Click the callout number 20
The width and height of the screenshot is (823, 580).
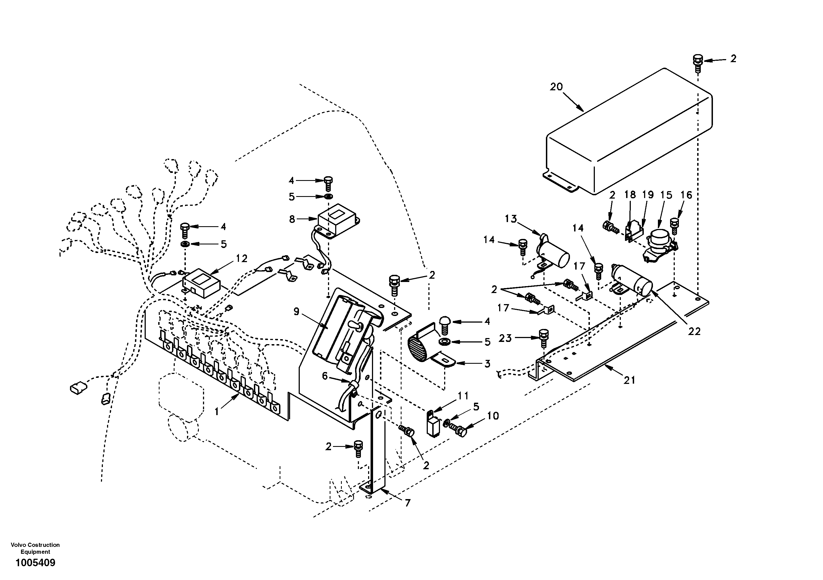pyautogui.click(x=556, y=87)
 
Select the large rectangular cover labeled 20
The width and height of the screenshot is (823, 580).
pyautogui.click(x=627, y=136)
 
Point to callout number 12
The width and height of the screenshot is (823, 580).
pyautogui.click(x=242, y=259)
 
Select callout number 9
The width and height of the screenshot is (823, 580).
pyautogui.click(x=296, y=312)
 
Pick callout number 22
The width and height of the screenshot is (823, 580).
pyautogui.click(x=694, y=331)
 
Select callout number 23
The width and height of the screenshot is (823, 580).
pyautogui.click(x=505, y=338)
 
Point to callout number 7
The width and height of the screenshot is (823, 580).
pyautogui.click(x=408, y=503)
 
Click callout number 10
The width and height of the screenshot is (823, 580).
pyautogui.click(x=493, y=416)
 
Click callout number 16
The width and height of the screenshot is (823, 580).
pyautogui.click(x=686, y=195)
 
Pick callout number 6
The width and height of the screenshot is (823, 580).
pyautogui.click(x=325, y=376)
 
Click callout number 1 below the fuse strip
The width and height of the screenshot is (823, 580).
pyautogui.click(x=217, y=412)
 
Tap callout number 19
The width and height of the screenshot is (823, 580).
pyautogui.click(x=647, y=195)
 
